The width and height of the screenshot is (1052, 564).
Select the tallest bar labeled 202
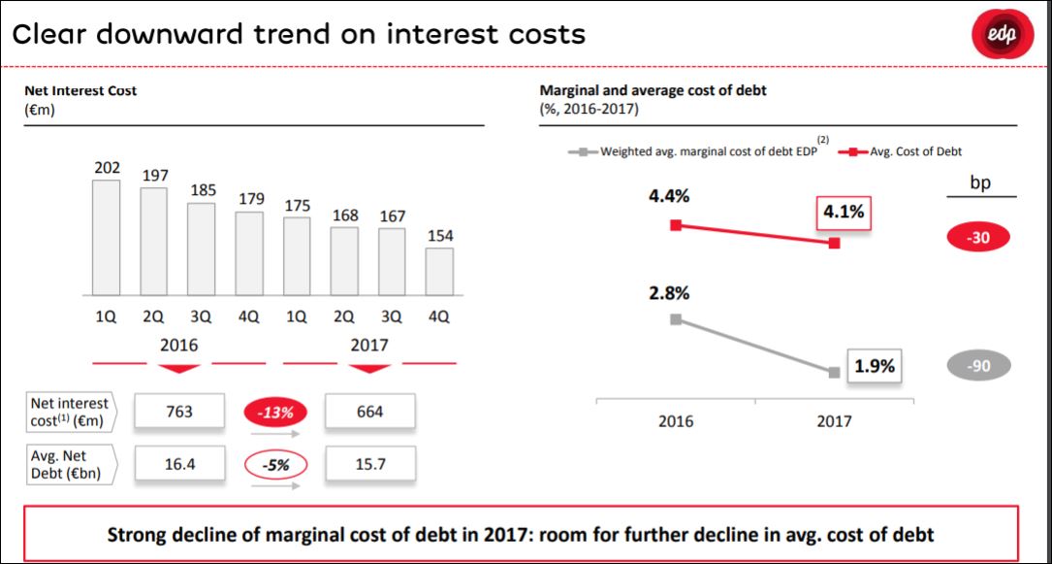pyautogui.click(x=107, y=238)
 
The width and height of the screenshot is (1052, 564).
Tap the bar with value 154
pyautogui.click(x=439, y=272)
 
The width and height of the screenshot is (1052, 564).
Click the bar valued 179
pyautogui.click(x=249, y=253)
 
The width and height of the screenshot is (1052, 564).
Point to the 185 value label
pyautogui.click(x=202, y=190)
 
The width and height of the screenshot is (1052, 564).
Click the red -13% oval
pyautogui.click(x=275, y=412)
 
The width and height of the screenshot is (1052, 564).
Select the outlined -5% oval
pyautogui.click(x=275, y=465)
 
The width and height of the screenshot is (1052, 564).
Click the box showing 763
pyautogui.click(x=179, y=412)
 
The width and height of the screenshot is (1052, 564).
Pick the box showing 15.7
pyautogui.click(x=370, y=465)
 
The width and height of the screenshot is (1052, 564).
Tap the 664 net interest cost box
pyautogui.click(x=370, y=412)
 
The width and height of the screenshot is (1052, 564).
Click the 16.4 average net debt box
pyautogui.click(x=179, y=465)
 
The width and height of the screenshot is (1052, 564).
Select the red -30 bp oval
pyautogui.click(x=979, y=237)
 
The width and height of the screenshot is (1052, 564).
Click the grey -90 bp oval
pyautogui.click(x=979, y=366)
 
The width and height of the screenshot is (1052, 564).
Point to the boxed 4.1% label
pyautogui.click(x=844, y=212)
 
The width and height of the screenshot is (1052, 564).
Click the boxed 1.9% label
pyautogui.click(x=875, y=367)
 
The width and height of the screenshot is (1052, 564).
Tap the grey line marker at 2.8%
pyautogui.click(x=676, y=318)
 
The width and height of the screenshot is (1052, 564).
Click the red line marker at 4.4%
pyautogui.click(x=676, y=225)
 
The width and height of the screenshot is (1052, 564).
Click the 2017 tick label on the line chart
pyautogui.click(x=834, y=421)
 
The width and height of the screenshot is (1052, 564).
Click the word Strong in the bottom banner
pyautogui.click(x=135, y=534)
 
